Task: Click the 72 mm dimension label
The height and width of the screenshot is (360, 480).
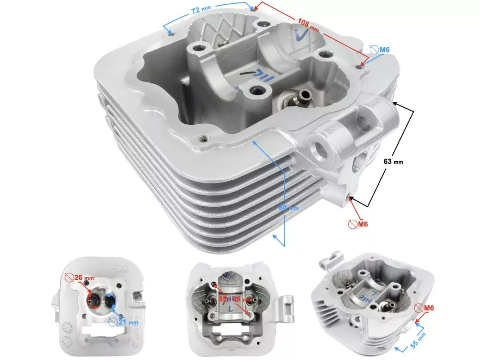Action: coord(203,10)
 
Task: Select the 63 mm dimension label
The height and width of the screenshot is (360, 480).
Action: coord(393,161)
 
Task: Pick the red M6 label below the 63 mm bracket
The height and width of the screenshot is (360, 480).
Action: coord(362,224)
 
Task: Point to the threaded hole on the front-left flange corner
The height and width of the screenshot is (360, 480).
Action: coord(203,138)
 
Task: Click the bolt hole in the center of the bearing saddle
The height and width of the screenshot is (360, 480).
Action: coord(258,91)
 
